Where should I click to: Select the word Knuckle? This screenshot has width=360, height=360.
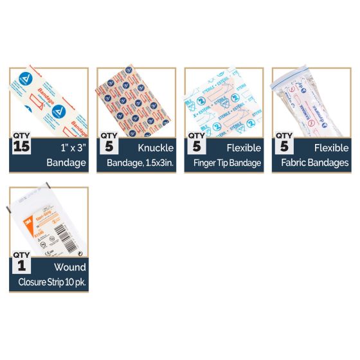(x=156, y=148)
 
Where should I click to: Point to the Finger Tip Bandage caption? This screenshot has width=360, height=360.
(x=227, y=163)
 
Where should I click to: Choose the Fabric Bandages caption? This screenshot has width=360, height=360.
(x=316, y=163)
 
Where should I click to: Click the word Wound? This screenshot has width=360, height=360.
(x=70, y=266)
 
